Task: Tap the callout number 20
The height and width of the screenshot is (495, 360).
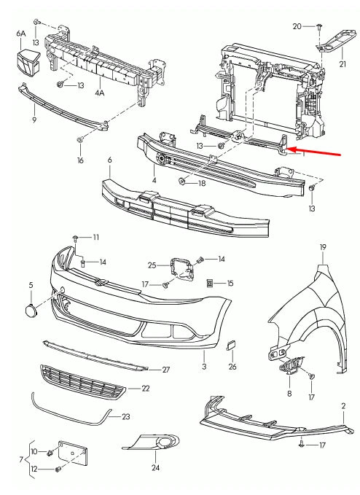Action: coord(297,26)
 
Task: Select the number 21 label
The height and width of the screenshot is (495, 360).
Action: coord(343,63)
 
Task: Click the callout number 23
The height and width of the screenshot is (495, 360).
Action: coord(126,418)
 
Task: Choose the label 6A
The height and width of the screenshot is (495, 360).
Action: coord(20,34)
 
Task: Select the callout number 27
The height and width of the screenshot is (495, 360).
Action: coord(165,370)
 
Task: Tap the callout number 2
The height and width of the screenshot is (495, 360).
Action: coord(343,405)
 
